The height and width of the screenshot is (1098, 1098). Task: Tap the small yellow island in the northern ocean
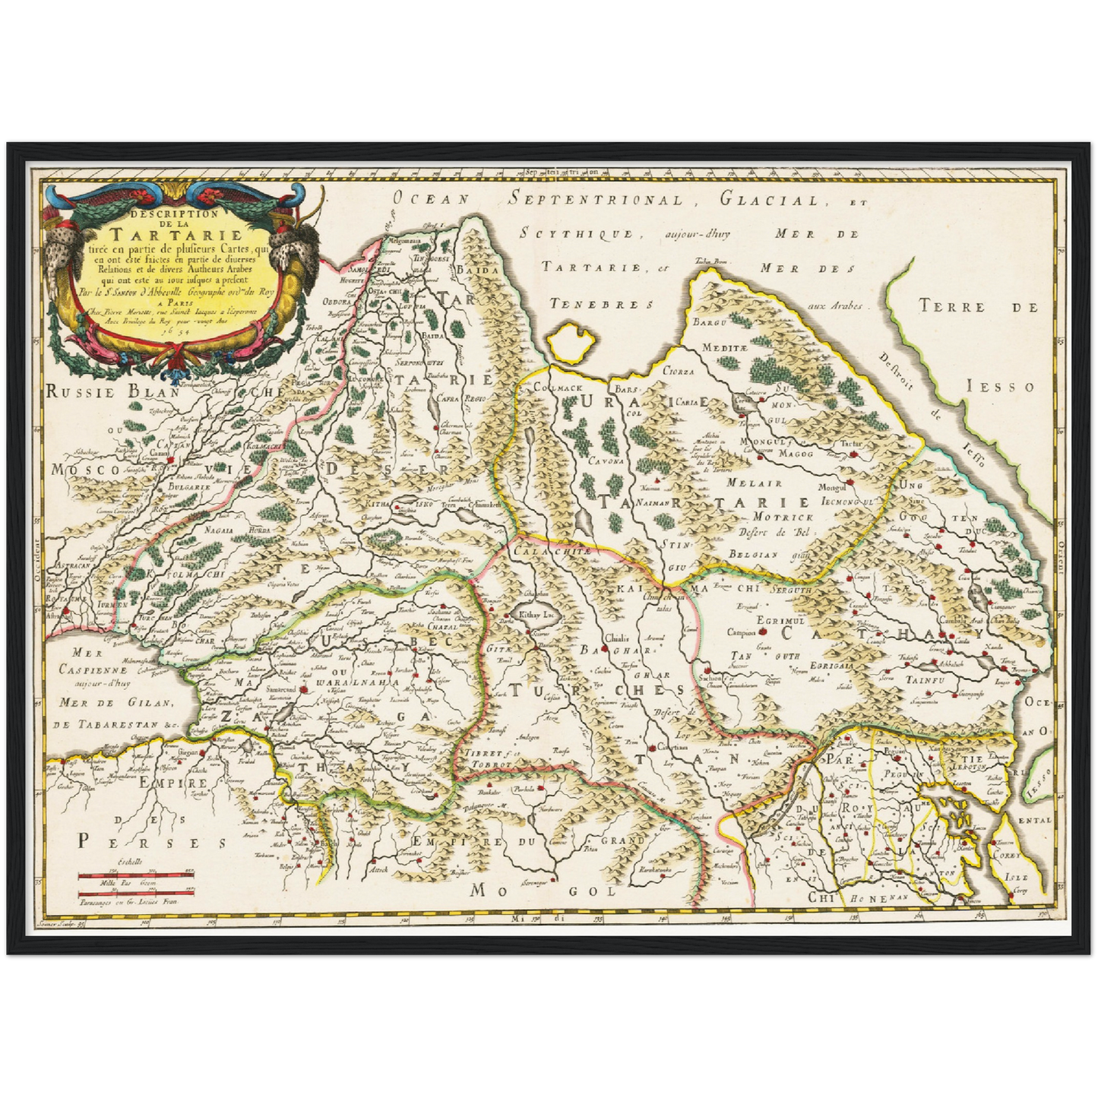click(574, 343)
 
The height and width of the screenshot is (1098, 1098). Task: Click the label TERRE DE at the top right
click(979, 307)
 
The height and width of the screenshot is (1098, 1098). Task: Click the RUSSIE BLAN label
click(112, 393)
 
